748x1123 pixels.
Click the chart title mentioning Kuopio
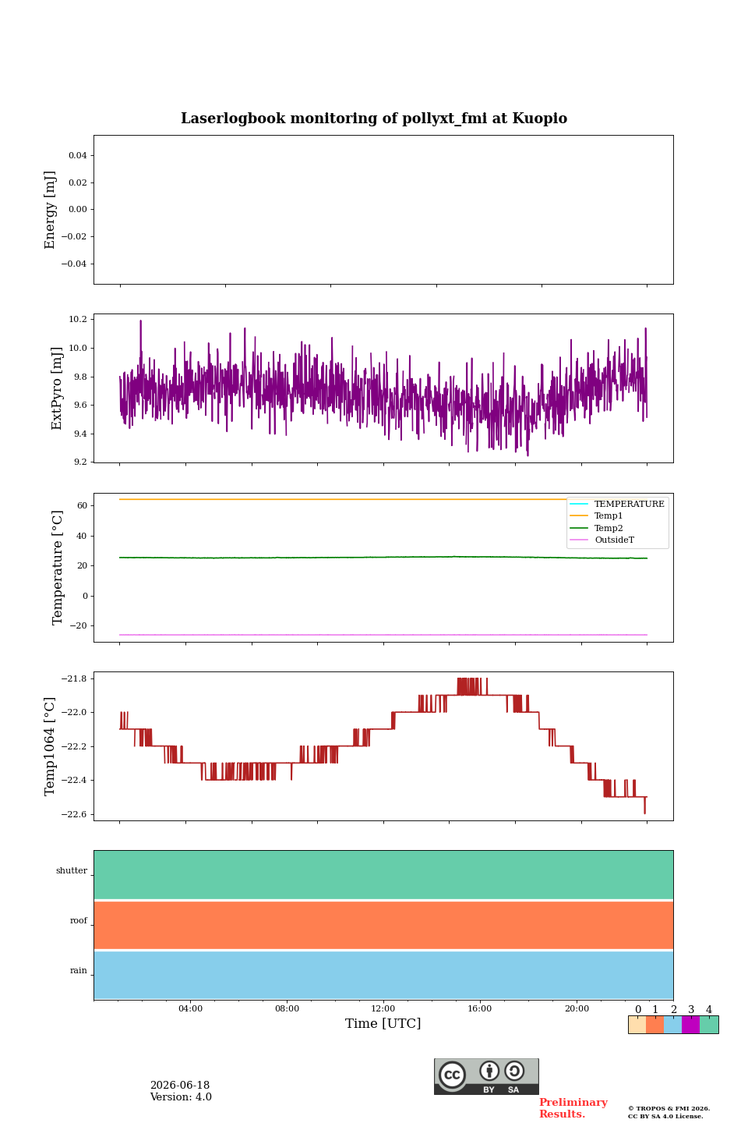click(x=374, y=119)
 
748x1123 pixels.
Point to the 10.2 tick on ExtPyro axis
click(x=78, y=320)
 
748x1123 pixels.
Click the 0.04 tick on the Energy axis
click(x=78, y=155)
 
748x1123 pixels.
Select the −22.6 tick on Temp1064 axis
click(x=74, y=814)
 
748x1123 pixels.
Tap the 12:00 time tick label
click(x=383, y=1008)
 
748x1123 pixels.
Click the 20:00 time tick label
click(x=577, y=1008)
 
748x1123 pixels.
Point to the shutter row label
click(x=72, y=870)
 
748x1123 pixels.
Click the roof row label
click(x=79, y=920)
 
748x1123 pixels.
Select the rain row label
click(x=79, y=971)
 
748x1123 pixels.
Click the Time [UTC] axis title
click(x=383, y=1024)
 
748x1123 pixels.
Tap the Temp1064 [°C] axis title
click(x=50, y=746)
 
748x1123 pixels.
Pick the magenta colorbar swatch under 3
click(x=690, y=1025)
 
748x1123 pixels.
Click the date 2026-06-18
click(x=180, y=1086)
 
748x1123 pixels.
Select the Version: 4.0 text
click(x=181, y=1097)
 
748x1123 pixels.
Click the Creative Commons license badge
click(x=486, y=1076)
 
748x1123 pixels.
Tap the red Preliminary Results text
click(x=573, y=1108)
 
